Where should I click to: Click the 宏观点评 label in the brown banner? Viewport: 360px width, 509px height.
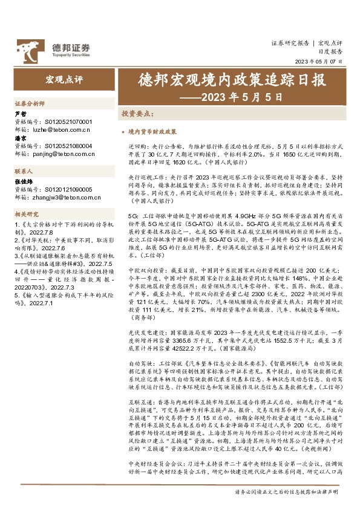tap(64, 80)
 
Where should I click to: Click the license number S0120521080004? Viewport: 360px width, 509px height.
tap(68, 146)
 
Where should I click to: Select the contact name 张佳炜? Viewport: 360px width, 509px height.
tap(23, 181)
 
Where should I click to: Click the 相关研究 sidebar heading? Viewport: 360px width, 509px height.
tap(25, 214)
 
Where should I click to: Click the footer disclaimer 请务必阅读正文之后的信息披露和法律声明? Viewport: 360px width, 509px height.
tap(290, 491)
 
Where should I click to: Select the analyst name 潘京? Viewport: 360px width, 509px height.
tap(20, 138)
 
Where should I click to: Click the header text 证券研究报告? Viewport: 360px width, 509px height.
tap(289, 44)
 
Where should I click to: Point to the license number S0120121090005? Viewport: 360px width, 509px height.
tap(68, 189)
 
